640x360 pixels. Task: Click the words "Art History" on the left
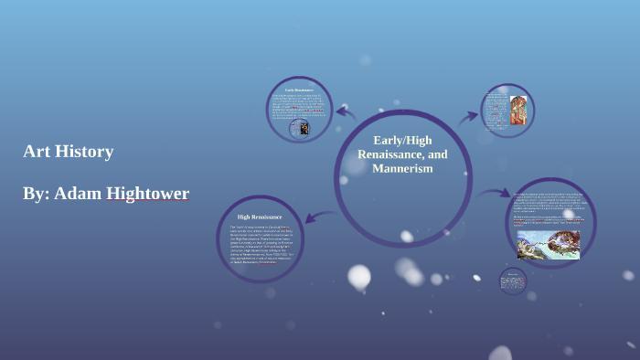coord(69,152)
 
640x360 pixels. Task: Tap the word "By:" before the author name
coord(36,193)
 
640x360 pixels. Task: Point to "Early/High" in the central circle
coord(402,140)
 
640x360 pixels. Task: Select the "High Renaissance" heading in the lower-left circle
coord(260,217)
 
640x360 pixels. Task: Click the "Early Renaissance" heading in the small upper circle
coord(298,90)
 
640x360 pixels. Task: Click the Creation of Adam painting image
coord(549,244)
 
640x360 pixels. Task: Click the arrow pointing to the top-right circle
coord(468,116)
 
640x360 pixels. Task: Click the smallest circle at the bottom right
coord(513,281)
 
